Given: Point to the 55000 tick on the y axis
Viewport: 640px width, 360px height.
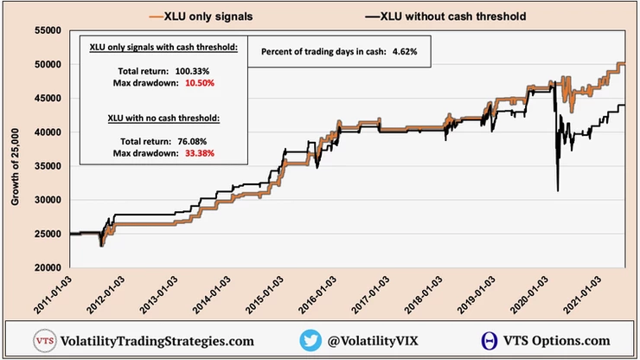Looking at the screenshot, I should [x=47, y=30].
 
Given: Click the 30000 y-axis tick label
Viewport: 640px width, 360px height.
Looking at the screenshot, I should [x=47, y=200].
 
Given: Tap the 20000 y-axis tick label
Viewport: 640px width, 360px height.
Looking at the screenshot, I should [x=47, y=267].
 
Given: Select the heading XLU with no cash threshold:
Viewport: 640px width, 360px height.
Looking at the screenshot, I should [x=162, y=118].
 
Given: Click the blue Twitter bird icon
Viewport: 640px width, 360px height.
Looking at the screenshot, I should [x=311, y=340].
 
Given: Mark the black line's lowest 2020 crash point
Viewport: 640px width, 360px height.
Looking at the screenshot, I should [x=558, y=190].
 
